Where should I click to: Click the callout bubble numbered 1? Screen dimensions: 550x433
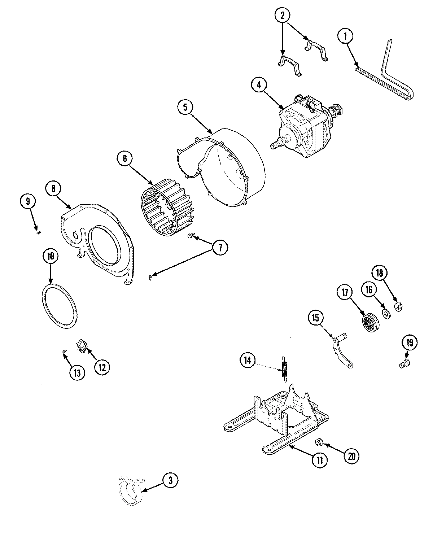click(345, 36)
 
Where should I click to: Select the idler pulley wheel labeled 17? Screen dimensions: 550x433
click(369, 320)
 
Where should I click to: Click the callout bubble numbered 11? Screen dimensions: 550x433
click(320, 460)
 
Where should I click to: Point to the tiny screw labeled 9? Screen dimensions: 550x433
click(38, 233)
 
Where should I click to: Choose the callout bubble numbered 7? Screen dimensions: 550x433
click(220, 247)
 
